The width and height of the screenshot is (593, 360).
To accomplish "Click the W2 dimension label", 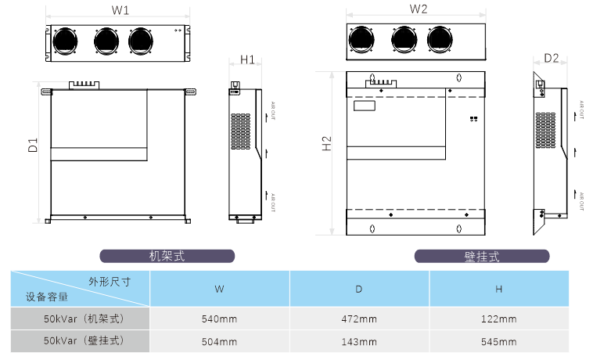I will pyautogui.click(x=418, y=9).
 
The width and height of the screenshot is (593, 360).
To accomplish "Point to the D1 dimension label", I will pyautogui.click(x=32, y=145).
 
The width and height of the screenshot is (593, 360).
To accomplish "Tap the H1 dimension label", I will pyautogui.click(x=247, y=59).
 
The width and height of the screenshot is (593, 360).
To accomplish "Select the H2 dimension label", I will pyautogui.click(x=327, y=145).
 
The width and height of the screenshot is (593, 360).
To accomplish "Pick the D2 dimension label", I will pyautogui.click(x=551, y=58).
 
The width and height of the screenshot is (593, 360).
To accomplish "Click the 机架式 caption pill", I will pyautogui.click(x=167, y=256).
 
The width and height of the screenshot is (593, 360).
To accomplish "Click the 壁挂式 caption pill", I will pyautogui.click(x=481, y=256).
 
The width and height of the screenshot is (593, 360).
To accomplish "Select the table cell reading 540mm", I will pyautogui.click(x=220, y=319).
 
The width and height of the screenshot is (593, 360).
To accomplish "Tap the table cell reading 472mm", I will pyautogui.click(x=359, y=319).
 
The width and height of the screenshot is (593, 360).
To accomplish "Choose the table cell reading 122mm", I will pyautogui.click(x=498, y=319).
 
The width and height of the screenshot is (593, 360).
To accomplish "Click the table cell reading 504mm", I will pyautogui.click(x=220, y=341).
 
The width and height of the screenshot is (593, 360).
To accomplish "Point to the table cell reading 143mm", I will pyautogui.click(x=359, y=341).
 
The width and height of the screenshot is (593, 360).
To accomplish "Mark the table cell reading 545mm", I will pyautogui.click(x=498, y=341).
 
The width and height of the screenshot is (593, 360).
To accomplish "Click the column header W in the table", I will pyautogui.click(x=220, y=289).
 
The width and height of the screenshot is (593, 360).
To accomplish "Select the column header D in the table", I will pyautogui.click(x=359, y=289).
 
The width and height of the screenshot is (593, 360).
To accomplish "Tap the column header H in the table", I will pyautogui.click(x=498, y=289).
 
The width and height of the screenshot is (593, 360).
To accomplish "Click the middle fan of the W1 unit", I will pyautogui.click(x=106, y=40).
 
